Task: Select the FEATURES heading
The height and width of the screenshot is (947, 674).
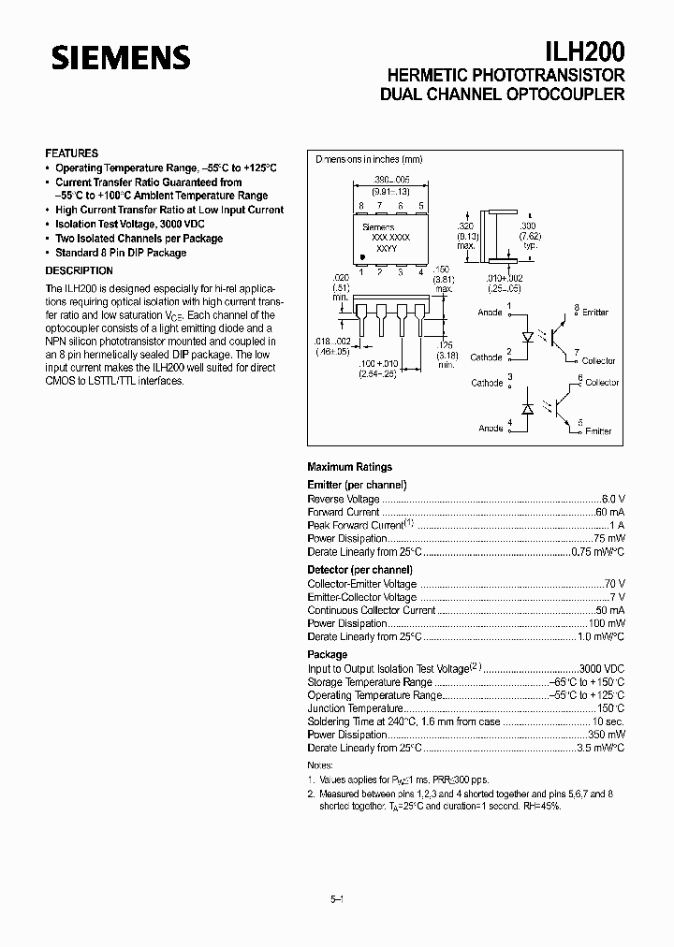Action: pos(72,153)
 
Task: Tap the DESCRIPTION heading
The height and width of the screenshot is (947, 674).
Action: pos(80,270)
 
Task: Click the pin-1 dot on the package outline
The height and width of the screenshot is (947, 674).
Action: pos(363,255)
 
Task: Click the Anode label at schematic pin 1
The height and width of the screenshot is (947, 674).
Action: pos(490,313)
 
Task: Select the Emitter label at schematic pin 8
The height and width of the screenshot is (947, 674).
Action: pos(595,312)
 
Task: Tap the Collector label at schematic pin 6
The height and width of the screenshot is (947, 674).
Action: pos(603,383)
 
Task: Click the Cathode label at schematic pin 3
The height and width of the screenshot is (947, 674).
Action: pos(487,383)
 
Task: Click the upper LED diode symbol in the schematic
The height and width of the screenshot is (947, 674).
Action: pos(527,335)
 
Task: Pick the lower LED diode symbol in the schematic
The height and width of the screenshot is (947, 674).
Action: pos(527,408)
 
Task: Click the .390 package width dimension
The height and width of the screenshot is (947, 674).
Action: pos(386,178)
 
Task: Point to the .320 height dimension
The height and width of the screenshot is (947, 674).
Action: pos(464,227)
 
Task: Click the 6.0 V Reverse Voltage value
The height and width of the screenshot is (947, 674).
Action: pos(613,499)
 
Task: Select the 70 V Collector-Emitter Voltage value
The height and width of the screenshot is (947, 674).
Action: pos(615,584)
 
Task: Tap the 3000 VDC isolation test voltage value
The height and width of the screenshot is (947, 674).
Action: pos(601,669)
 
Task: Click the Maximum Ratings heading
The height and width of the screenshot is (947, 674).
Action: pos(349,467)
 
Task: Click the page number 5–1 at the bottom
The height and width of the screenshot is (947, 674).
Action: pos(337,899)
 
